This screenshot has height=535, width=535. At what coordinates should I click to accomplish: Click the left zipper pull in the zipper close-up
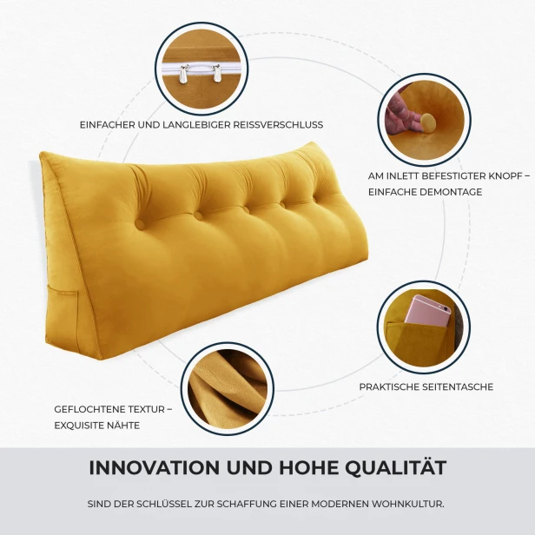(183, 74)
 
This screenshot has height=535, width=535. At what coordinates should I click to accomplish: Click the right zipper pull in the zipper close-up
(216, 73)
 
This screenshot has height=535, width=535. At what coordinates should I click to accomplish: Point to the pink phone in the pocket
(427, 311)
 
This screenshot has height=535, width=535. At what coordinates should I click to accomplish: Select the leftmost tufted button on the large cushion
(140, 224)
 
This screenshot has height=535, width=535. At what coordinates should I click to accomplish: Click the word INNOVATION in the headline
(155, 467)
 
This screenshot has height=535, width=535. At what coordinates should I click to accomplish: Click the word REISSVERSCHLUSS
(278, 125)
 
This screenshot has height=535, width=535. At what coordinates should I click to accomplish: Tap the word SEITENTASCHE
(458, 387)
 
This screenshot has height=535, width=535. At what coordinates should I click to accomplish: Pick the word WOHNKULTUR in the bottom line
(408, 504)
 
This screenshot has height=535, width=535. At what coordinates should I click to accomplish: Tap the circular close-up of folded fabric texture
(228, 388)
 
